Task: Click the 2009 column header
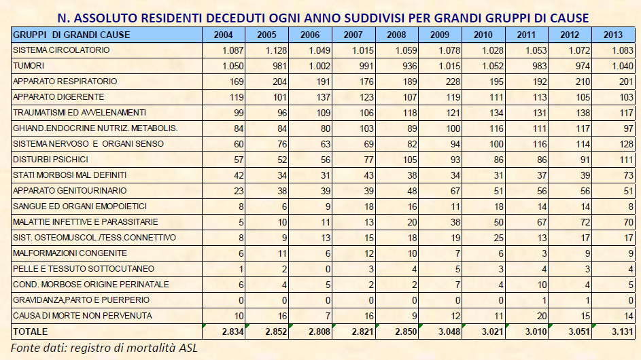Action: (x=440, y=35)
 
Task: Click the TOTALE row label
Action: (x=31, y=331)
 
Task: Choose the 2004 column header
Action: (x=224, y=35)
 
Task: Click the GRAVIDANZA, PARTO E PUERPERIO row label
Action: (x=82, y=300)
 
